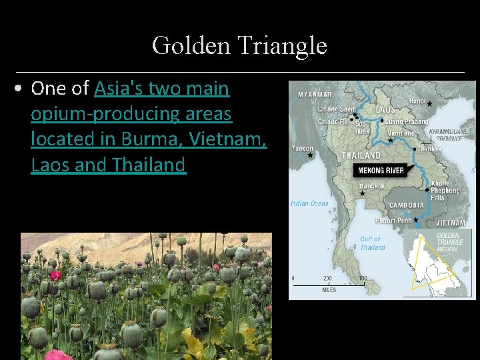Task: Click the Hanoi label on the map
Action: (x=417, y=101)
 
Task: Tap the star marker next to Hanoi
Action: (x=430, y=104)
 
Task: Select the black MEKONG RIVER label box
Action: (x=379, y=171)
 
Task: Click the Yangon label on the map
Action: (x=301, y=148)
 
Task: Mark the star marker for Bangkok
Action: (x=362, y=193)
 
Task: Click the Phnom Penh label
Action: (x=394, y=221)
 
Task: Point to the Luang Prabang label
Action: (x=407, y=122)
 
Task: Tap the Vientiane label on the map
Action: (x=401, y=133)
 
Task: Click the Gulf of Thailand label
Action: (x=372, y=243)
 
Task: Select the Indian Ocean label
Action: (x=309, y=203)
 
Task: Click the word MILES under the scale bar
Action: (x=329, y=290)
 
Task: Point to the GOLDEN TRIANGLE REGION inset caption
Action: (x=449, y=241)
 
